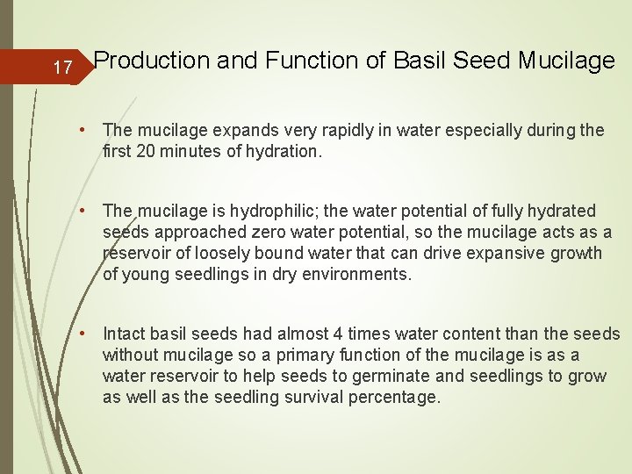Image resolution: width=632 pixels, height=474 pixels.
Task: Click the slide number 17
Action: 61,68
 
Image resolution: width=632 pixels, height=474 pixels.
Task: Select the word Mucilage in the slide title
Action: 566,61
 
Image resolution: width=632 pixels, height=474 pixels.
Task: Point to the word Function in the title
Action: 301,61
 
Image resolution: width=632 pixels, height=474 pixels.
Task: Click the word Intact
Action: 124,334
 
